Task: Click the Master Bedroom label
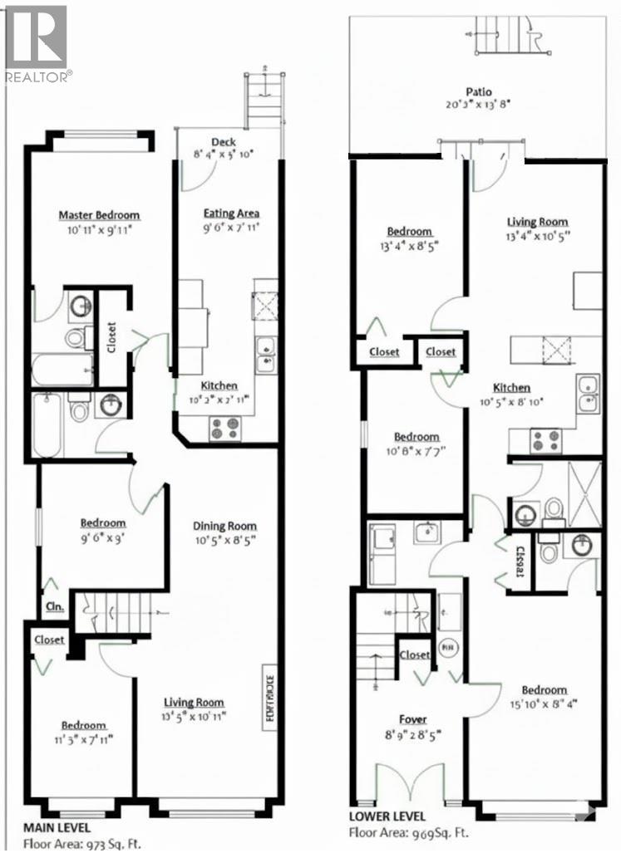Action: [x=99, y=216]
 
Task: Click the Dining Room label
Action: [x=224, y=526]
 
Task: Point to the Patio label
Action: [x=479, y=92]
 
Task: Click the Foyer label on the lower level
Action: [x=412, y=719]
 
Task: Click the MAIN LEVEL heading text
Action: [x=57, y=828]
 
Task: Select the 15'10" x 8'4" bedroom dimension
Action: [x=545, y=705]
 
